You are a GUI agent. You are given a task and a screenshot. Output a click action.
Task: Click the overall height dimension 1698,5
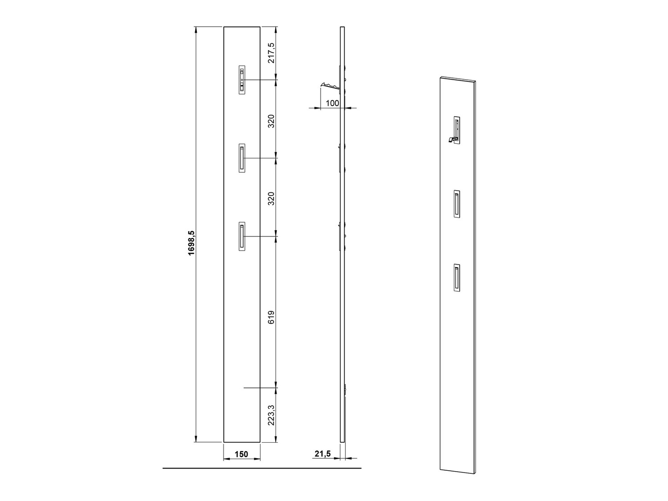pos(192,243)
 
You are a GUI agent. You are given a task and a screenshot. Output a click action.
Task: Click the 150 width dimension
pos(241,454)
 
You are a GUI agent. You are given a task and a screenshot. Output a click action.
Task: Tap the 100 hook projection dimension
pos(332,103)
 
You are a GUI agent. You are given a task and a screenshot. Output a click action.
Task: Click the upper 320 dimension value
pos(272,121)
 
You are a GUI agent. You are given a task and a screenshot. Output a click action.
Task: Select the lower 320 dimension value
pos(272,198)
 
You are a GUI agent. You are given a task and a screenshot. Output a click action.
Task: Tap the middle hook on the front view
pos(242,158)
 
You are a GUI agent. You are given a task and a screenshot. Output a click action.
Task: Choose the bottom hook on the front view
pos(242,236)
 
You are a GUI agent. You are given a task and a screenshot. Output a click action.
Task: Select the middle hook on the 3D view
pos(457,204)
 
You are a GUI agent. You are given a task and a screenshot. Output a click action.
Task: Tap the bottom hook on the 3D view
pos(457,278)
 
